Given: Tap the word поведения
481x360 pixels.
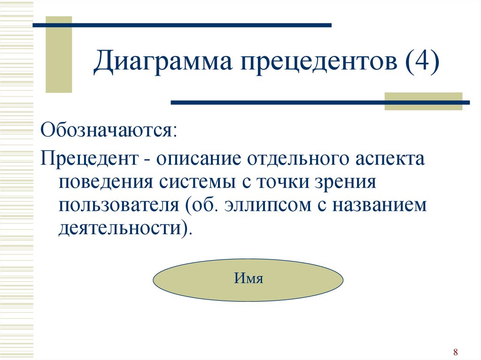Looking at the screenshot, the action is tap(106, 182).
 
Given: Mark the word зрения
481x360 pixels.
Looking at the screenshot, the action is tap(346, 182).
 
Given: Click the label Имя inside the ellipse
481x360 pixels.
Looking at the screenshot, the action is tap(248, 278).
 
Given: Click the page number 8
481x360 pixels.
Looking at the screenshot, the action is tap(456, 352).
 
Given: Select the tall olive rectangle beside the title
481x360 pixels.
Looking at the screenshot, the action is tap(59, 54).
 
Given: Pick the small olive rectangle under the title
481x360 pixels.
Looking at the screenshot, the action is tap(423, 101).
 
